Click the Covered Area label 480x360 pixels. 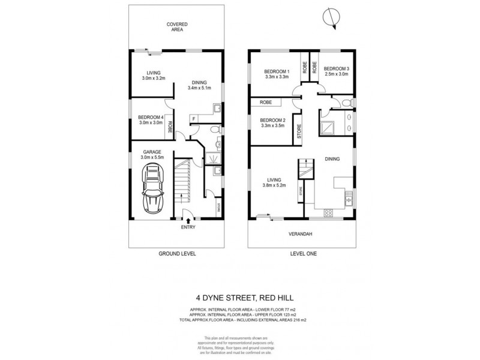tap(178, 26)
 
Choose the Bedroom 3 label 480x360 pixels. tap(337, 69)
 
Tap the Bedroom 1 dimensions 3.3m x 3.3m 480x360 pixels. tap(277, 77)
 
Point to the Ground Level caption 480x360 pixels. tap(178, 254)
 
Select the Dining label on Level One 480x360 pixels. tap(332, 159)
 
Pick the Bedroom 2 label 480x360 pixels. tap(273, 119)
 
